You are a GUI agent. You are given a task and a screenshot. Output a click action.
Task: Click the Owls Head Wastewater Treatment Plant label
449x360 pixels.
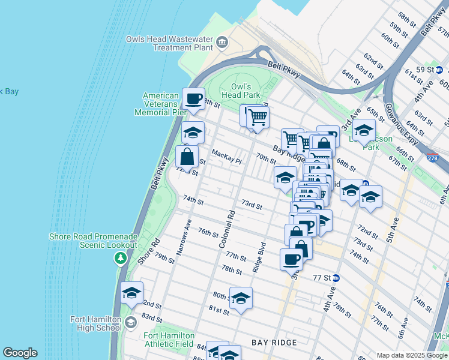tap(169, 43)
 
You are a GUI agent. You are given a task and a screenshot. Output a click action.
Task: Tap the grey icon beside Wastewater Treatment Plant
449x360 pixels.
tap(223, 42)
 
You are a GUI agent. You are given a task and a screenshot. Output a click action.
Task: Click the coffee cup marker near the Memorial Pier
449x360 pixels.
tap(193, 100)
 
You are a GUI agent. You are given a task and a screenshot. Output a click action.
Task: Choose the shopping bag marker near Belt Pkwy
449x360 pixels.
tap(187, 157)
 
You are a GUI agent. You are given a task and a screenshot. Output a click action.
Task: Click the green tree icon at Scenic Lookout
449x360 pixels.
tap(121, 258)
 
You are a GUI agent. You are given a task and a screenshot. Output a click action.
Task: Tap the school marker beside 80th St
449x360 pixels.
tap(241, 299)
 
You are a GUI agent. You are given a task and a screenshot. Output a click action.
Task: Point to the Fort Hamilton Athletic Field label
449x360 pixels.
tap(169, 340)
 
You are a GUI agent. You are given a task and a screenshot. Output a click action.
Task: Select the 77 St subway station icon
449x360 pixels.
tap(336, 278)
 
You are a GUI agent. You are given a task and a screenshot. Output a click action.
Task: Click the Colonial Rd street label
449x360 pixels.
tap(227, 229)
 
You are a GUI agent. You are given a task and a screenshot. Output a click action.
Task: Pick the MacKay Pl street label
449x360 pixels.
tap(226, 158)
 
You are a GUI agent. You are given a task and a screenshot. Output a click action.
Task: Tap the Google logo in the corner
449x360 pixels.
tap(20, 353)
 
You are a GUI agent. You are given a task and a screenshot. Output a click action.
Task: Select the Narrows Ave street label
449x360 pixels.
tap(183, 238)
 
